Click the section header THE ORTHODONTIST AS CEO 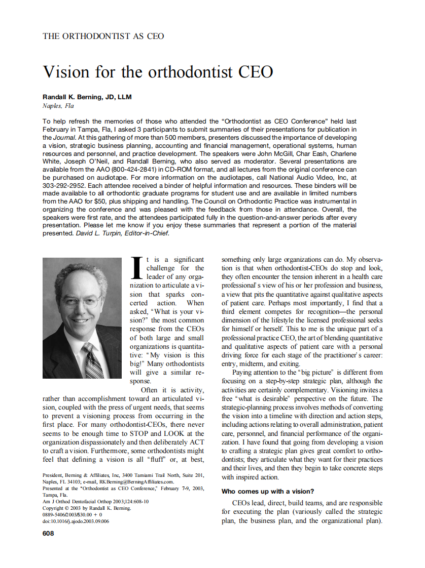(103, 36)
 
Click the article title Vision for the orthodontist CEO (158, 72)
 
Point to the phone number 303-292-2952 (64, 186)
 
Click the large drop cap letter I (136, 267)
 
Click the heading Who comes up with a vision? (268, 491)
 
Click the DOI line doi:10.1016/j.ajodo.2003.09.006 (76, 521)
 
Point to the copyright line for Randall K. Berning (87, 508)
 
